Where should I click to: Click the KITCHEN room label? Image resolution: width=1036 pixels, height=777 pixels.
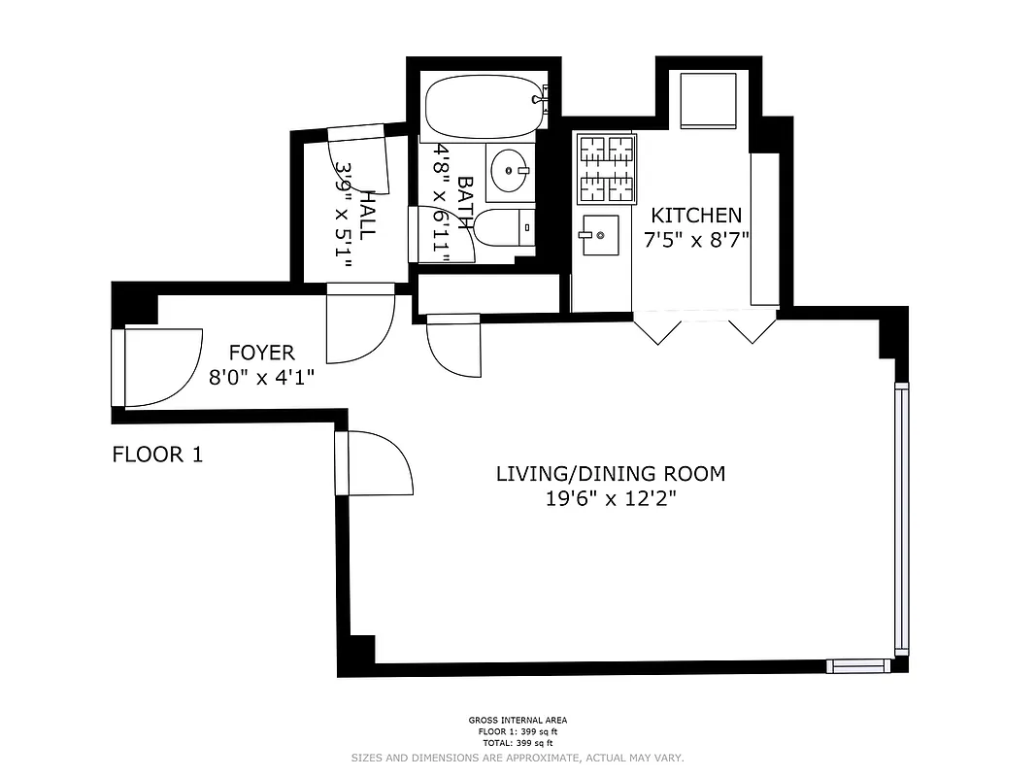[x=695, y=216]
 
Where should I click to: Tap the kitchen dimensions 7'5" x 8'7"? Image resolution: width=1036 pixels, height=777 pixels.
[x=695, y=239]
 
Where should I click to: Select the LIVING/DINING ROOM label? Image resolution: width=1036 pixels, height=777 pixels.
[x=610, y=474]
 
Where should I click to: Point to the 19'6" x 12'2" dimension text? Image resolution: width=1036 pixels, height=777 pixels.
[x=610, y=499]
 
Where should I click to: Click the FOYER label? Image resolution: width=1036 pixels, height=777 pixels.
[x=261, y=353]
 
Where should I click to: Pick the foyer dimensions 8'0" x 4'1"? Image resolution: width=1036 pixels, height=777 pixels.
[x=261, y=376]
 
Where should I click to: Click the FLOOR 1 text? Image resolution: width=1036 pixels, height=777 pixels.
[x=157, y=454]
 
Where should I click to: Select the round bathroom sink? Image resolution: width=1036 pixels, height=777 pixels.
[x=508, y=172]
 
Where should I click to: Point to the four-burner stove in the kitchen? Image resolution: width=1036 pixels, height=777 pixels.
[x=607, y=169]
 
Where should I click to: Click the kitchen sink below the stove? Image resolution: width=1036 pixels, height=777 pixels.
[x=599, y=235]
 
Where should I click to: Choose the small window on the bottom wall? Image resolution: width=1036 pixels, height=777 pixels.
[x=858, y=665]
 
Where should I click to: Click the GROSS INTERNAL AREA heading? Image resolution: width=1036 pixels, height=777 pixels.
[x=518, y=721]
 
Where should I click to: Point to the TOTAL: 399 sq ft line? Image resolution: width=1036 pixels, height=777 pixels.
[x=518, y=743]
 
